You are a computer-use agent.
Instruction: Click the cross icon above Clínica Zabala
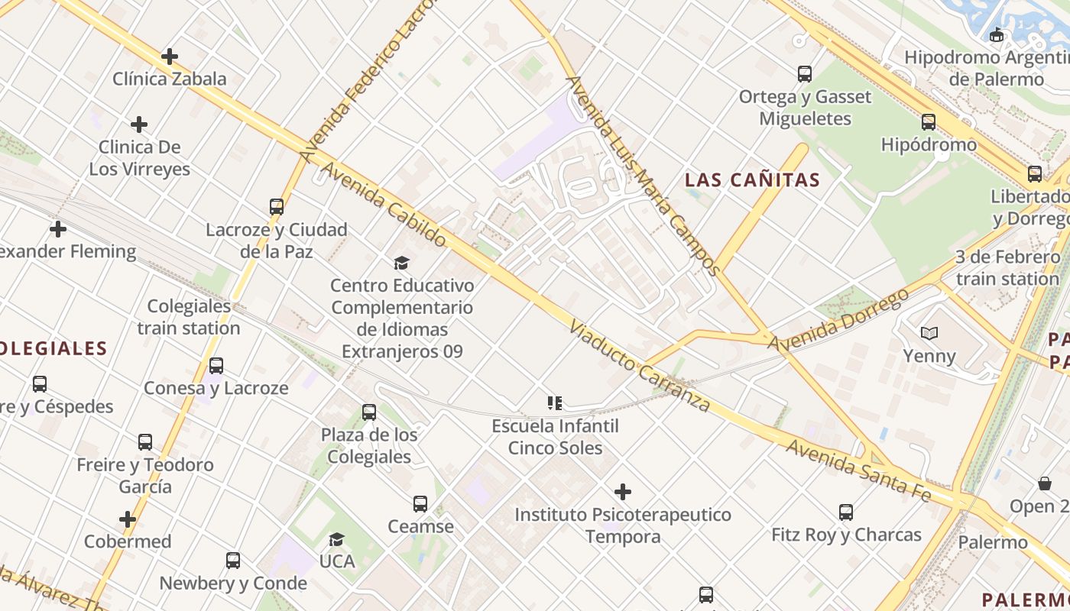[170, 57]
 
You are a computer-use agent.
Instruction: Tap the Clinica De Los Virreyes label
[140, 158]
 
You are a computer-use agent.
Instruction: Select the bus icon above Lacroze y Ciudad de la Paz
[277, 207]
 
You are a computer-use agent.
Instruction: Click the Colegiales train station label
[189, 317]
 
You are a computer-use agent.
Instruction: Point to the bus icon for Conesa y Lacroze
[216, 366]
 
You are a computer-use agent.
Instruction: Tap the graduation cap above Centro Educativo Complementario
[401, 263]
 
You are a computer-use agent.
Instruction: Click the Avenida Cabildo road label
[384, 203]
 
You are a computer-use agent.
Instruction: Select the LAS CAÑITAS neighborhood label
[752, 180]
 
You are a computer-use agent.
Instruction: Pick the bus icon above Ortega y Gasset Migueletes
[805, 74]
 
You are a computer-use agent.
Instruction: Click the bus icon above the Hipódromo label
[929, 122]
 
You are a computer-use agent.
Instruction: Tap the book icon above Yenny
[929, 334]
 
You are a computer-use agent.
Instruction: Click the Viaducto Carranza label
[640, 366]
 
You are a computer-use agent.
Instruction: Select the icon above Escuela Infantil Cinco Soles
[555, 403]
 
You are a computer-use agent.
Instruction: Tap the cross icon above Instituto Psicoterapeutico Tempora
[623, 491]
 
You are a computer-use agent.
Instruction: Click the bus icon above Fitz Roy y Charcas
[846, 512]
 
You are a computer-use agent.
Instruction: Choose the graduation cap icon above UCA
[336, 540]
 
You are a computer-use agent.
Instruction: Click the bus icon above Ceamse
[420, 504]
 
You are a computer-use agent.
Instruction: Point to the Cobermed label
[128, 541]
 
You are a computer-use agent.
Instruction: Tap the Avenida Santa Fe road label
[859, 470]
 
